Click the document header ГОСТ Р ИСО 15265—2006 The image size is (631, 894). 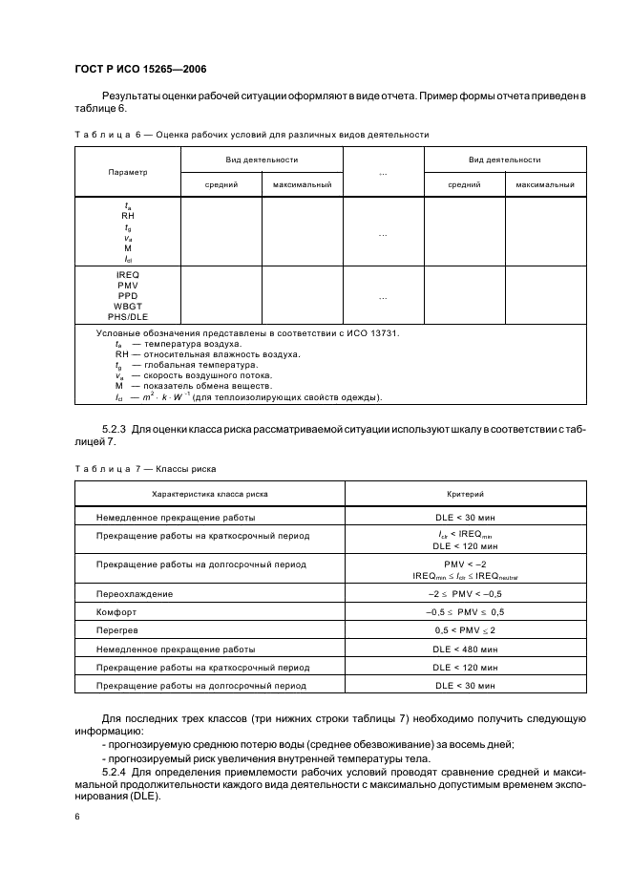tap(139, 70)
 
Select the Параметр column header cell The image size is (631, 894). tap(128, 172)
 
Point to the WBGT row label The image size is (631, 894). tap(128, 307)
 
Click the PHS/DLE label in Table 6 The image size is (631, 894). tap(128, 316)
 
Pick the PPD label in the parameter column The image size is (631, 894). tap(128, 296)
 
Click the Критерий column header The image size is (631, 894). tap(466, 494)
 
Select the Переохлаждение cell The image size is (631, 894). tap(135, 593)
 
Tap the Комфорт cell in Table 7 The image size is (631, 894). tap(117, 611)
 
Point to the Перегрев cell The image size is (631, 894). tap(118, 630)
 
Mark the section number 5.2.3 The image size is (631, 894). tap(116, 429)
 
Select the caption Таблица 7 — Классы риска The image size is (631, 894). tap(145, 469)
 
